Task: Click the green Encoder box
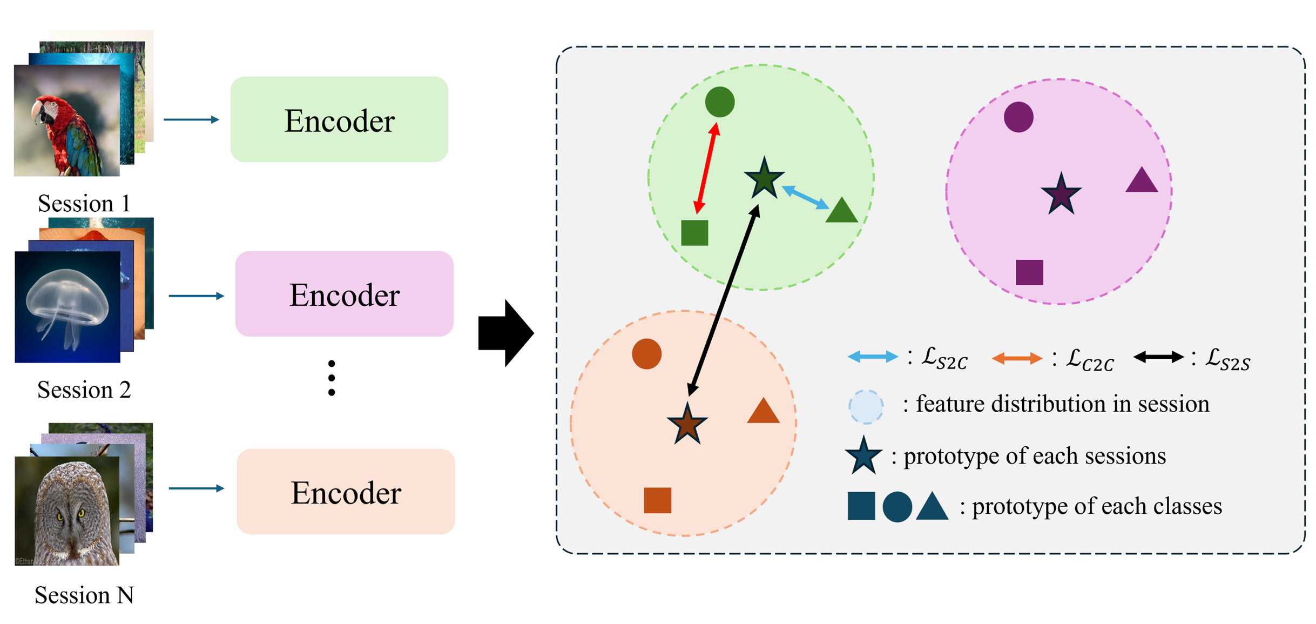coord(339,119)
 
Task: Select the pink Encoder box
coord(344,294)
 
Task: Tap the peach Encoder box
coord(346,492)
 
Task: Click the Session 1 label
coord(84,204)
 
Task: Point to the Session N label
coord(84,595)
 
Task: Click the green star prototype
coord(764,179)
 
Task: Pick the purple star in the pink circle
coord(1061,194)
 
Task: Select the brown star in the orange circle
coord(686,424)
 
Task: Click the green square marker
coord(694,233)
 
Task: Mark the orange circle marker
coord(646,354)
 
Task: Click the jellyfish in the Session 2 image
coord(68,303)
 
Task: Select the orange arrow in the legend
coord(1017,358)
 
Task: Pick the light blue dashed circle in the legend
coord(866,406)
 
